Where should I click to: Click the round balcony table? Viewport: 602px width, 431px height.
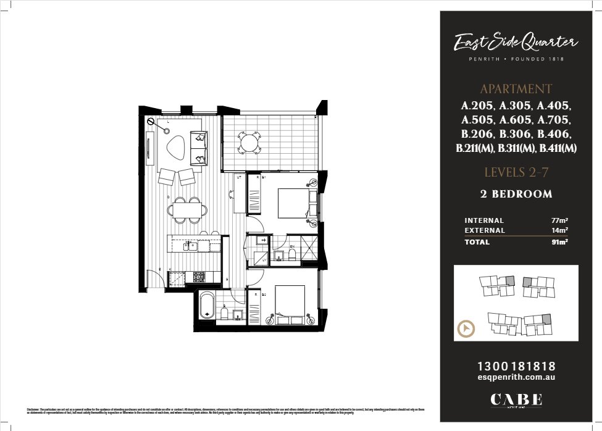tap(251, 143)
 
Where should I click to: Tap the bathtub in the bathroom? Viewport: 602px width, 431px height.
tap(206, 305)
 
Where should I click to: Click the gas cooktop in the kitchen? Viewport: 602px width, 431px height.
tap(199, 277)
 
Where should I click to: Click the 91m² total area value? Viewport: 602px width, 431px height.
tap(559, 242)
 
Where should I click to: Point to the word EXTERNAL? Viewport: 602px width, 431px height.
tap(485, 230)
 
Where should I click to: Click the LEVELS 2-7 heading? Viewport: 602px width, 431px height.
tap(516, 172)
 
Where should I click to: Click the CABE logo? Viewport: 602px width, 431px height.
tap(516, 400)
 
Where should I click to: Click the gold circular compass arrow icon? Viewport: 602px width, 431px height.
tap(466, 328)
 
